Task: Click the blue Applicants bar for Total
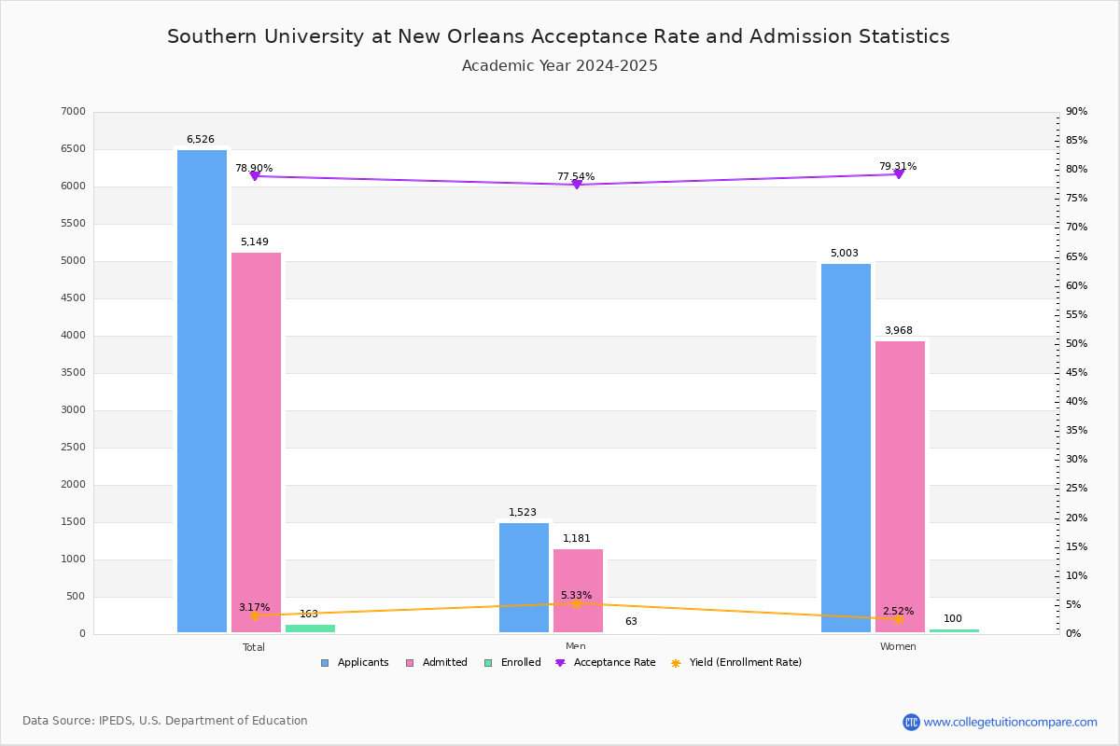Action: pyautogui.click(x=202, y=392)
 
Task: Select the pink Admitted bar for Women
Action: pyautogui.click(x=900, y=487)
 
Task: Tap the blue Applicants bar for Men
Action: pyautogui.click(x=524, y=577)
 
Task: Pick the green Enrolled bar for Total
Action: pyautogui.click(x=310, y=629)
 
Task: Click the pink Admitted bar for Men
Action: pyautogui.click(x=578, y=590)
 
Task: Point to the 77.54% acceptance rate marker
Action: pyautogui.click(x=577, y=185)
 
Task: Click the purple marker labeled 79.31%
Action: pyautogui.click(x=899, y=173)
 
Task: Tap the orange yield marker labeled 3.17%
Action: pyautogui.click(x=255, y=615)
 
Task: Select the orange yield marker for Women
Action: pyautogui.click(x=899, y=619)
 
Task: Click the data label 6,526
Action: pyautogui.click(x=201, y=139)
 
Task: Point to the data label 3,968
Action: pyautogui.click(x=899, y=330)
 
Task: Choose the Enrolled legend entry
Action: pyautogui.click(x=512, y=663)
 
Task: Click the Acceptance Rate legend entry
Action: pyautogui.click(x=605, y=663)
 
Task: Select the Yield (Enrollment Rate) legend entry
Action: pyautogui.click(x=736, y=663)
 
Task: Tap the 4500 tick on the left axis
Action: pyautogui.click(x=73, y=298)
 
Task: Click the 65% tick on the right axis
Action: pyautogui.click(x=1076, y=256)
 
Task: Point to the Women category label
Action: pyautogui.click(x=898, y=646)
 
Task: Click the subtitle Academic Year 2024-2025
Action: pyautogui.click(x=559, y=66)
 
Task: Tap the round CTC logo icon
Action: pyautogui.click(x=911, y=722)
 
